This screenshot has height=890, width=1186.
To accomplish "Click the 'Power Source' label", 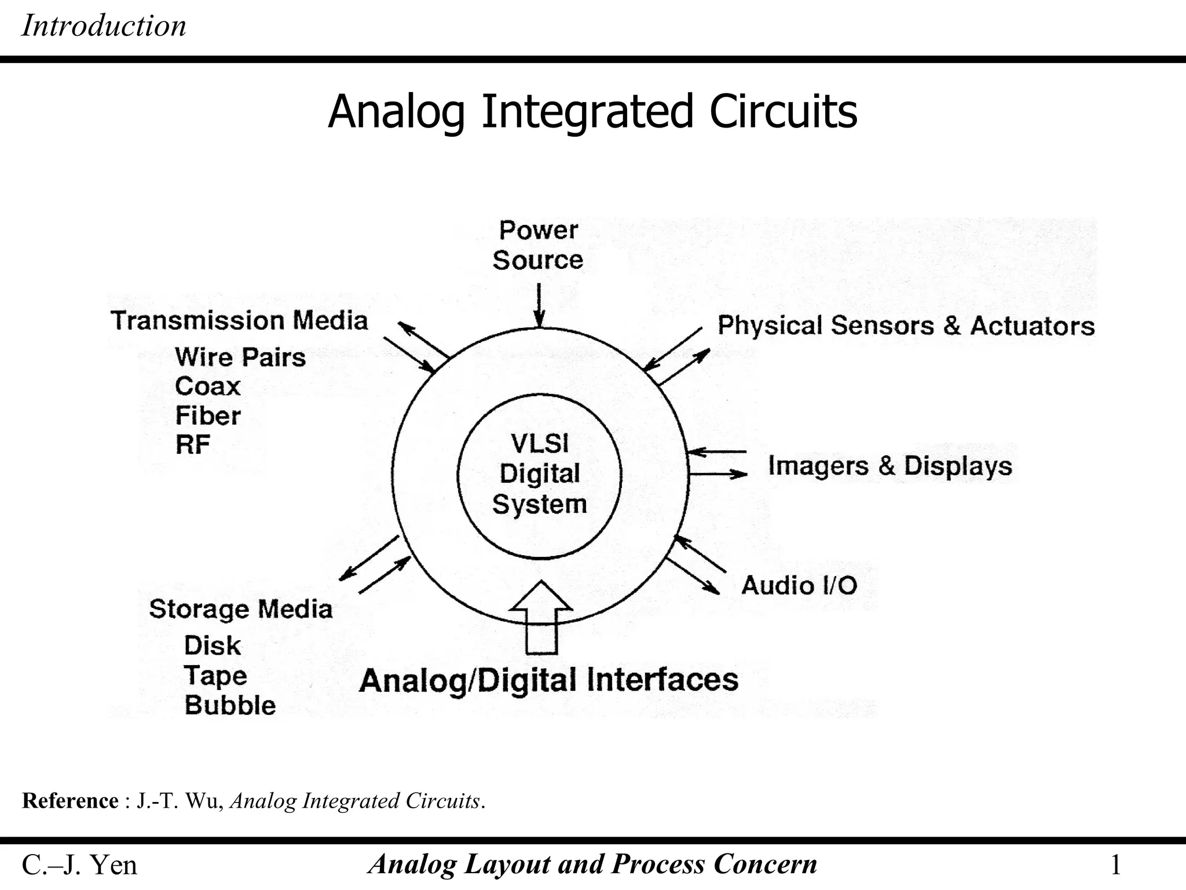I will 538,245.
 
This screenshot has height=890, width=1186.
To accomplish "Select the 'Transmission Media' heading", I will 239,320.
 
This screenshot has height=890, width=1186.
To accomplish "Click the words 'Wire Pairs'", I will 240,357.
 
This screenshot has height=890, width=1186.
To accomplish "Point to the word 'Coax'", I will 207,386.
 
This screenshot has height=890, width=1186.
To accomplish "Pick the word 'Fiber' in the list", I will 207,416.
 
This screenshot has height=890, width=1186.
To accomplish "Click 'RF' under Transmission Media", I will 192,445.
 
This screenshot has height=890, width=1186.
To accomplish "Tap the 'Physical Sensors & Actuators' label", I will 906,326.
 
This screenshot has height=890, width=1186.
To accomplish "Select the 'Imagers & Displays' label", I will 889,466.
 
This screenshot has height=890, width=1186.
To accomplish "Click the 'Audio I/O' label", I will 799,585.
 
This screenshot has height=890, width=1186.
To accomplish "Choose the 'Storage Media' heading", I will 241,609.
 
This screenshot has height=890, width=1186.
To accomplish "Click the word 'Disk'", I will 212,645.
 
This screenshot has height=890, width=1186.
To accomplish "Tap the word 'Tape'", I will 215,676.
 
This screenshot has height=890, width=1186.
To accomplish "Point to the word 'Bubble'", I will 230,705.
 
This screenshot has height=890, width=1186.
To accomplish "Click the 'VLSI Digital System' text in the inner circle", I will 540,474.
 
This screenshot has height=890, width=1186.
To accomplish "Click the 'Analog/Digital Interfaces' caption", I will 548,680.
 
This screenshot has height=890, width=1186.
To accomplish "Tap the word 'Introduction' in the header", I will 104,26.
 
